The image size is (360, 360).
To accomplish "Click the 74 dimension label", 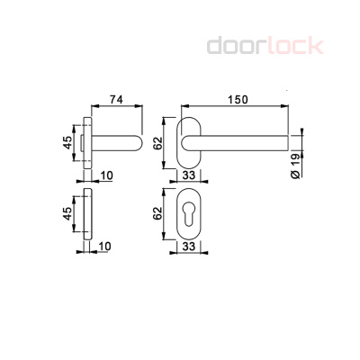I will click(x=116, y=101).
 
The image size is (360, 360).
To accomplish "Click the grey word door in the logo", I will click(x=237, y=45).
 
